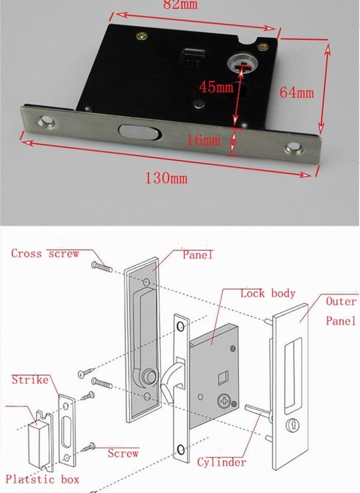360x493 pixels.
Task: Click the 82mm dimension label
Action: (183, 5)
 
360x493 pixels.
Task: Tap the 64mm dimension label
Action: (296, 93)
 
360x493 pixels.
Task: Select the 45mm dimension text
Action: (217, 87)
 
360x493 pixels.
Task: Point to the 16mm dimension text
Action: (203, 141)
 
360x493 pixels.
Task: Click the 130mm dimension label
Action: (166, 178)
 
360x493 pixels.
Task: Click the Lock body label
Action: (268, 293)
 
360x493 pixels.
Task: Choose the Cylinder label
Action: (221, 462)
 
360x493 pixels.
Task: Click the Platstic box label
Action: (42, 479)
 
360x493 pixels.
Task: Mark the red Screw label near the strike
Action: (123, 454)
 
